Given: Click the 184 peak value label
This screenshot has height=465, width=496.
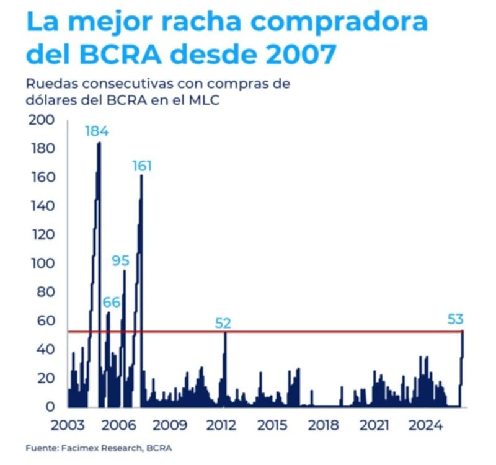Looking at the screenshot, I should click(97, 131).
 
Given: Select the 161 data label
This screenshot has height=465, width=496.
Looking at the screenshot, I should click(142, 166).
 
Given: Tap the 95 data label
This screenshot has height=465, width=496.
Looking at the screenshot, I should click(120, 260).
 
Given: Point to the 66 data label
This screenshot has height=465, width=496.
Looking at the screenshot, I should click(112, 302).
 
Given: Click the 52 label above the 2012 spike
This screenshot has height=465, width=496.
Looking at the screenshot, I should click(223, 322).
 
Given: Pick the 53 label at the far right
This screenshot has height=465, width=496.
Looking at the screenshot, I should click(456, 319).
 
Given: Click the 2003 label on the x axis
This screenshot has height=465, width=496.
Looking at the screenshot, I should click(68, 426).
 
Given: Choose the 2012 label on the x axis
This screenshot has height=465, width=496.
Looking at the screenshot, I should click(221, 426).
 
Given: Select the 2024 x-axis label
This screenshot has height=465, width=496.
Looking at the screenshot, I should click(425, 426).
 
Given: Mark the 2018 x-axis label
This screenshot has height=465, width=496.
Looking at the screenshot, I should click(323, 426).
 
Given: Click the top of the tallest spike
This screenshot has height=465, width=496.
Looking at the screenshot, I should click(99, 144).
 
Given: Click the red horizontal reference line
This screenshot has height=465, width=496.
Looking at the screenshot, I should click(279, 332).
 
